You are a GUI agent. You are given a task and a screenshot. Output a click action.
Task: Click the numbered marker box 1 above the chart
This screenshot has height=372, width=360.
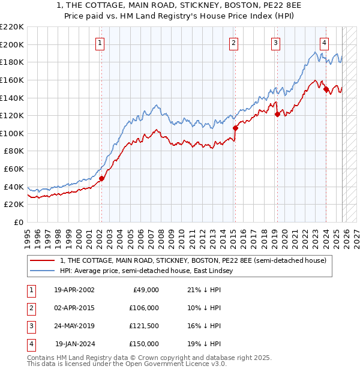tap(100, 43)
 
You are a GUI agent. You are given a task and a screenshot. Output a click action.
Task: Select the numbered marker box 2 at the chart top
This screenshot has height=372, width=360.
tap(233, 43)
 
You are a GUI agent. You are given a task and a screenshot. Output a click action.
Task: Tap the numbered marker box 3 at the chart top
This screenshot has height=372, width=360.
tap(275, 43)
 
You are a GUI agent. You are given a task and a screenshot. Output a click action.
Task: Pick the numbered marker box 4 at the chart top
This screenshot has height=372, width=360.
tap(324, 43)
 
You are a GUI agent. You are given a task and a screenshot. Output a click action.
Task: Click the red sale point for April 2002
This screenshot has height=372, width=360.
tap(101, 178)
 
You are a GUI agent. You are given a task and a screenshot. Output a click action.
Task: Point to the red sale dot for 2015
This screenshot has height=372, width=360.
tap(235, 128)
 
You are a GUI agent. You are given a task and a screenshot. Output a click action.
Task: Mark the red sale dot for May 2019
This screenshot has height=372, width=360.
tap(277, 114)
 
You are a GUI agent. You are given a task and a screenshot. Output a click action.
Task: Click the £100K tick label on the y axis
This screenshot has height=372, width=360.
tap(12, 133)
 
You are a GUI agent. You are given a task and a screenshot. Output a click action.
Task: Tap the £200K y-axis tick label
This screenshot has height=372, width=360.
tap(12, 44)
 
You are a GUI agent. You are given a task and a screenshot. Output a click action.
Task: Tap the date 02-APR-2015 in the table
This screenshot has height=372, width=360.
tap(74, 308)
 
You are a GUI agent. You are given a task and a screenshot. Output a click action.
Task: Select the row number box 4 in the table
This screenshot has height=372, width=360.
tap(30, 344)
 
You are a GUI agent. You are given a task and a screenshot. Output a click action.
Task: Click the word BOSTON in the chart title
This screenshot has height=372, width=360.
tap(225, 6)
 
